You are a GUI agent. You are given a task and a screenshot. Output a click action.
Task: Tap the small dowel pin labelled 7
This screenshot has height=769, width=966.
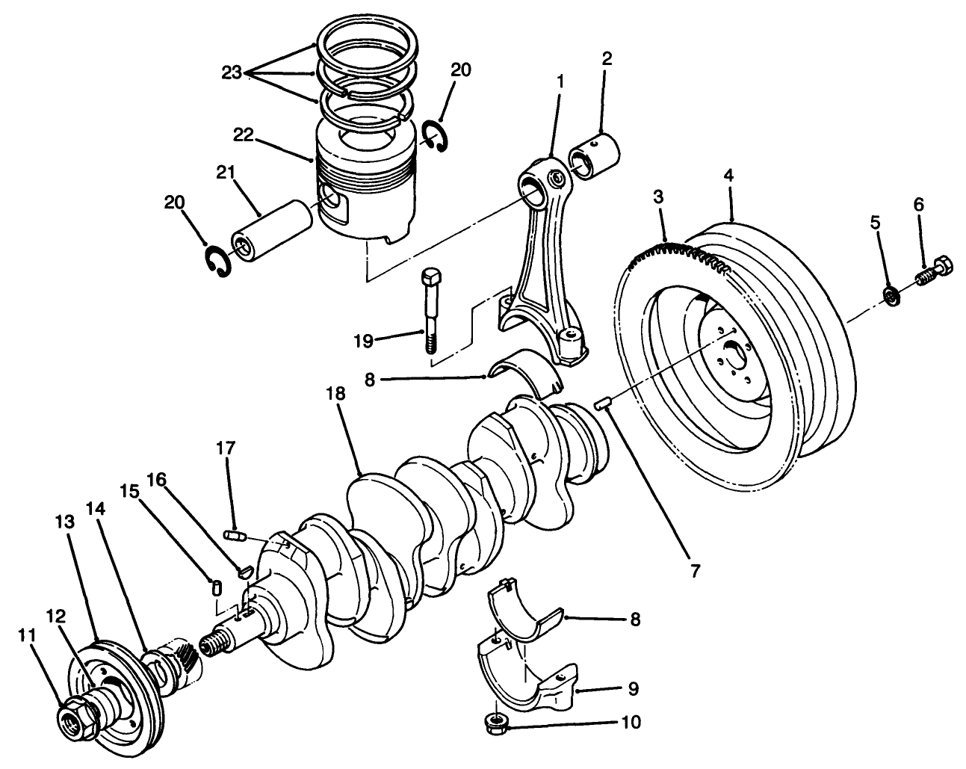pos(603,404)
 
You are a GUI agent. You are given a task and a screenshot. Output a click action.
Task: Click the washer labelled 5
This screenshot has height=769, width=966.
pos(891,295)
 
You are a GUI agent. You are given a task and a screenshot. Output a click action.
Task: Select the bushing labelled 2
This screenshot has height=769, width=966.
pos(595,153)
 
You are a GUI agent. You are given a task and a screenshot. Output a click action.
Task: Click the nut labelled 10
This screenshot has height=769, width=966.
pos(496,722)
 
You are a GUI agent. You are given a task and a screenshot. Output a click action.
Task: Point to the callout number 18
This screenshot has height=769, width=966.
pos(337,394)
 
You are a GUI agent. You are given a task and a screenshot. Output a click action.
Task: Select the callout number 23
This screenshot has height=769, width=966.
pos(232,74)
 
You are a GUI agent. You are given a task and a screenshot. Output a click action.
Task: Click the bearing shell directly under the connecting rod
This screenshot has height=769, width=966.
pos(527,370)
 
